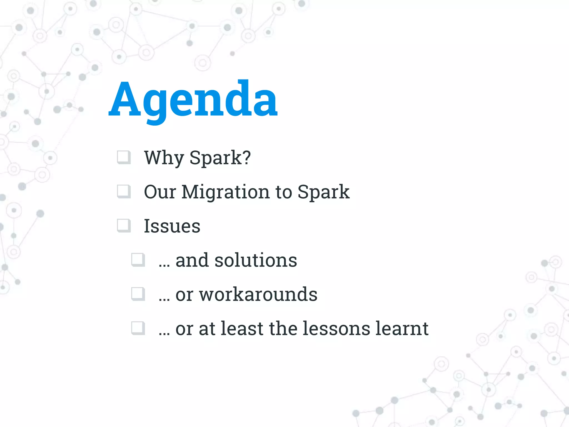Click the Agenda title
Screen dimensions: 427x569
click(193, 100)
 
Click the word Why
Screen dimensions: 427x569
click(164, 158)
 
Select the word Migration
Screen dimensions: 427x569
click(225, 192)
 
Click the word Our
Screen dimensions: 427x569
click(160, 192)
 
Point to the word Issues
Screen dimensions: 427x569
click(172, 226)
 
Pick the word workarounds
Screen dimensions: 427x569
click(258, 294)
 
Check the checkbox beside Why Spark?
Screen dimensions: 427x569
click(124, 157)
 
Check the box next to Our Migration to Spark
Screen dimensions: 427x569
click(124, 192)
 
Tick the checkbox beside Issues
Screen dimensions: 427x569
click(124, 225)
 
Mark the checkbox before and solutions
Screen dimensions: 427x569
click(138, 260)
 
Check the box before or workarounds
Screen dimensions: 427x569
click(138, 294)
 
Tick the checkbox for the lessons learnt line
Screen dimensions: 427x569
click(138, 328)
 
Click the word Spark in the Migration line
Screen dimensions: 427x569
click(323, 192)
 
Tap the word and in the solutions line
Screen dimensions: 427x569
click(192, 260)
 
